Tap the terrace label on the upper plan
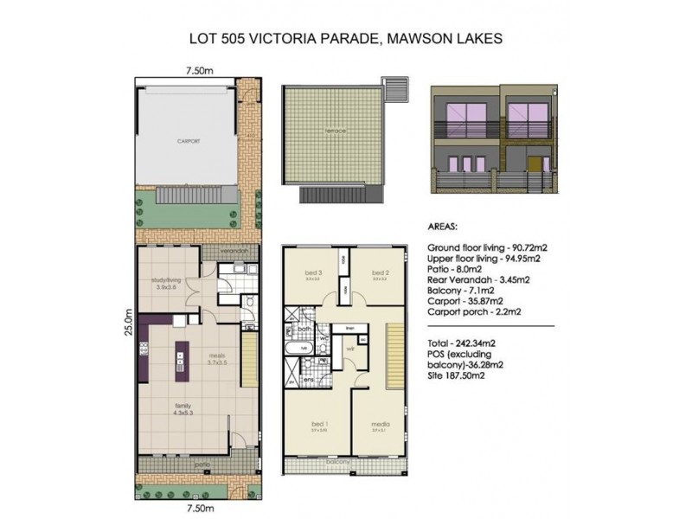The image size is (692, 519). pos(336,131)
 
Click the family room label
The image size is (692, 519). pos(181,409)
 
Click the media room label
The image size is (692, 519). pos(380,425)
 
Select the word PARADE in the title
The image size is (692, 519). pos(337,38)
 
